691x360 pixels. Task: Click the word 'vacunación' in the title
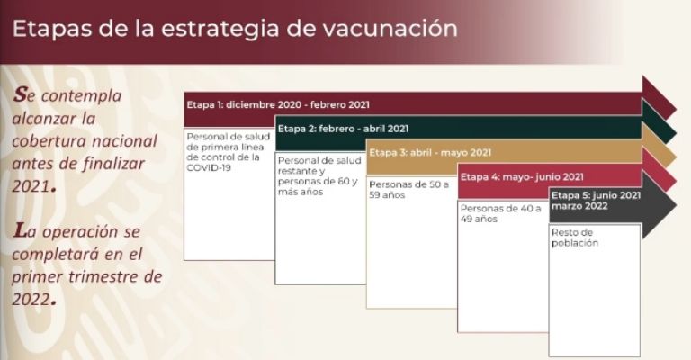390,28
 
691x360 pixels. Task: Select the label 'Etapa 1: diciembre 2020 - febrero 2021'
278,105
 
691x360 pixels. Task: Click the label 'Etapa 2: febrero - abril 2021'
343,129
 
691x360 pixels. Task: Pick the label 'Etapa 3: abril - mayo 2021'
430,153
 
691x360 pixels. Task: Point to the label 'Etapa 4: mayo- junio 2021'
522,177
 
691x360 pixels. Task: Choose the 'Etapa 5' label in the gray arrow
596,201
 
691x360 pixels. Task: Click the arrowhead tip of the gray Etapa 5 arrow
676,205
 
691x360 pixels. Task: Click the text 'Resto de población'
575,238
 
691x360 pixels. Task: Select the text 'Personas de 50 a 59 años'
409,190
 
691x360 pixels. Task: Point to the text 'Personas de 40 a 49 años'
500,213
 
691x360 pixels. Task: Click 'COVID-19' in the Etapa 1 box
209,168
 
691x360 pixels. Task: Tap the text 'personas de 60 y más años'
318,186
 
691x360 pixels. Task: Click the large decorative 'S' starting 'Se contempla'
20,94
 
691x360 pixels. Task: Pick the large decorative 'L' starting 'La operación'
20,230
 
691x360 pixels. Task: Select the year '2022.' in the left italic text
34,300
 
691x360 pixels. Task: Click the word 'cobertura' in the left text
49,141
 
